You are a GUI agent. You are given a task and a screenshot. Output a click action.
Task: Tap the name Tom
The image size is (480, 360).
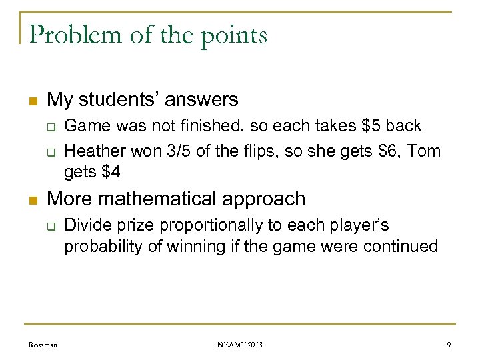point(424,151)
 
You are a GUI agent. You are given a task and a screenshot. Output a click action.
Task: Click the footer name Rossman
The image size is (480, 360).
point(43,344)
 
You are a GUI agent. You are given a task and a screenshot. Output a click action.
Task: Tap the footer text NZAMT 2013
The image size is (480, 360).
point(240,344)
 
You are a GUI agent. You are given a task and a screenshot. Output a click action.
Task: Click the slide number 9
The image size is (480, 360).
point(449,344)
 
